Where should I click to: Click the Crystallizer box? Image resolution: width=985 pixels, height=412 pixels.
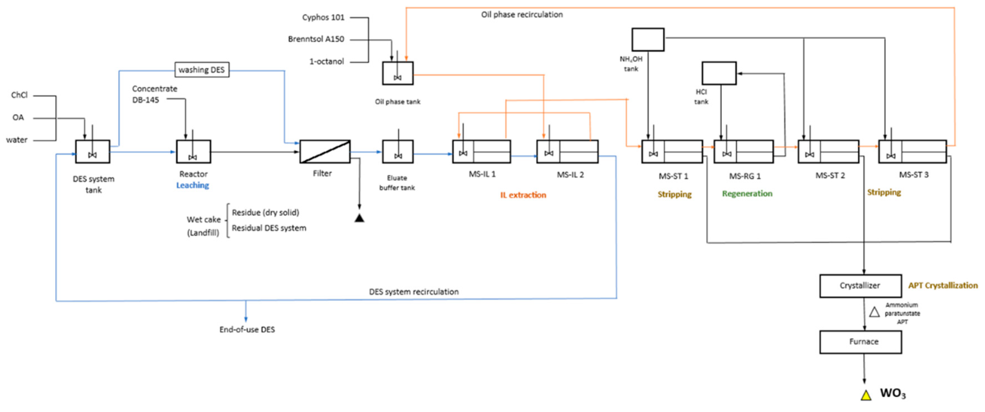click(x=860, y=286)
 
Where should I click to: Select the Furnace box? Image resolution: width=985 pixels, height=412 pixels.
click(x=860, y=342)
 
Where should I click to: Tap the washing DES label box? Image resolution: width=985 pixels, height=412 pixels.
click(x=202, y=70)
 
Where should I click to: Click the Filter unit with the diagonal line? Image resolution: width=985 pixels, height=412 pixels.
click(x=325, y=152)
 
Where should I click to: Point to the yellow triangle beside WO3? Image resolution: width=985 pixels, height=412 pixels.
click(x=866, y=395)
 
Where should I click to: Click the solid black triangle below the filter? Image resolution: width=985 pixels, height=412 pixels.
click(x=359, y=218)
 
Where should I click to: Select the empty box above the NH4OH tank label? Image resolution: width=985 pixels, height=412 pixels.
click(x=648, y=39)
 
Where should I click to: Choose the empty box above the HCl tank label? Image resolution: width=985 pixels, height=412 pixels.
click(x=719, y=73)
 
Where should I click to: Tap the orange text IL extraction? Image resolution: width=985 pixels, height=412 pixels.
click(x=523, y=195)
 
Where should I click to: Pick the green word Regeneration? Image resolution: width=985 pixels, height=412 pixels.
click(x=747, y=194)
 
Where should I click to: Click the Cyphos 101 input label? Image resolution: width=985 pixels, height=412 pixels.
click(x=323, y=17)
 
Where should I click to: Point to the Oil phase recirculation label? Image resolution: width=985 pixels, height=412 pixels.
click(x=522, y=15)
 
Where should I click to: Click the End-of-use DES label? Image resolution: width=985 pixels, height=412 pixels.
click(x=247, y=329)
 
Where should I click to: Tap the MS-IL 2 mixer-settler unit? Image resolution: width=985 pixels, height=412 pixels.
click(x=567, y=152)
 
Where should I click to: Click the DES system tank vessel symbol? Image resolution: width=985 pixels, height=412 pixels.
click(x=92, y=152)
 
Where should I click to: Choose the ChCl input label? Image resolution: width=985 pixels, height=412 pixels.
click(x=19, y=95)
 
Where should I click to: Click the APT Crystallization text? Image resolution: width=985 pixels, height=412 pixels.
click(x=943, y=286)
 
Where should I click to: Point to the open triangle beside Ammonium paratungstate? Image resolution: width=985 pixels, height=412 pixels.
click(x=874, y=312)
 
